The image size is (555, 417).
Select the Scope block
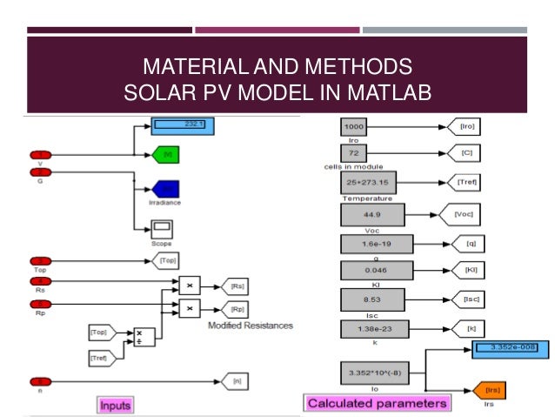click(x=162, y=229)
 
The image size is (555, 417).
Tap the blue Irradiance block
click(x=164, y=188)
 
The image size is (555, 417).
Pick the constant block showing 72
click(x=355, y=153)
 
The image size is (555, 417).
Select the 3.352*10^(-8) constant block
click(x=369, y=373)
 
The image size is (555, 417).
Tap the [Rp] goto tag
click(x=235, y=309)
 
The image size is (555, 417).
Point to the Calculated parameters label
click(x=378, y=402)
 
